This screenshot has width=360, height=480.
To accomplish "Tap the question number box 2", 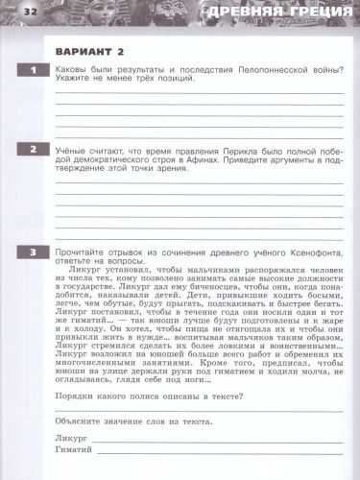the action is (34, 150).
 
